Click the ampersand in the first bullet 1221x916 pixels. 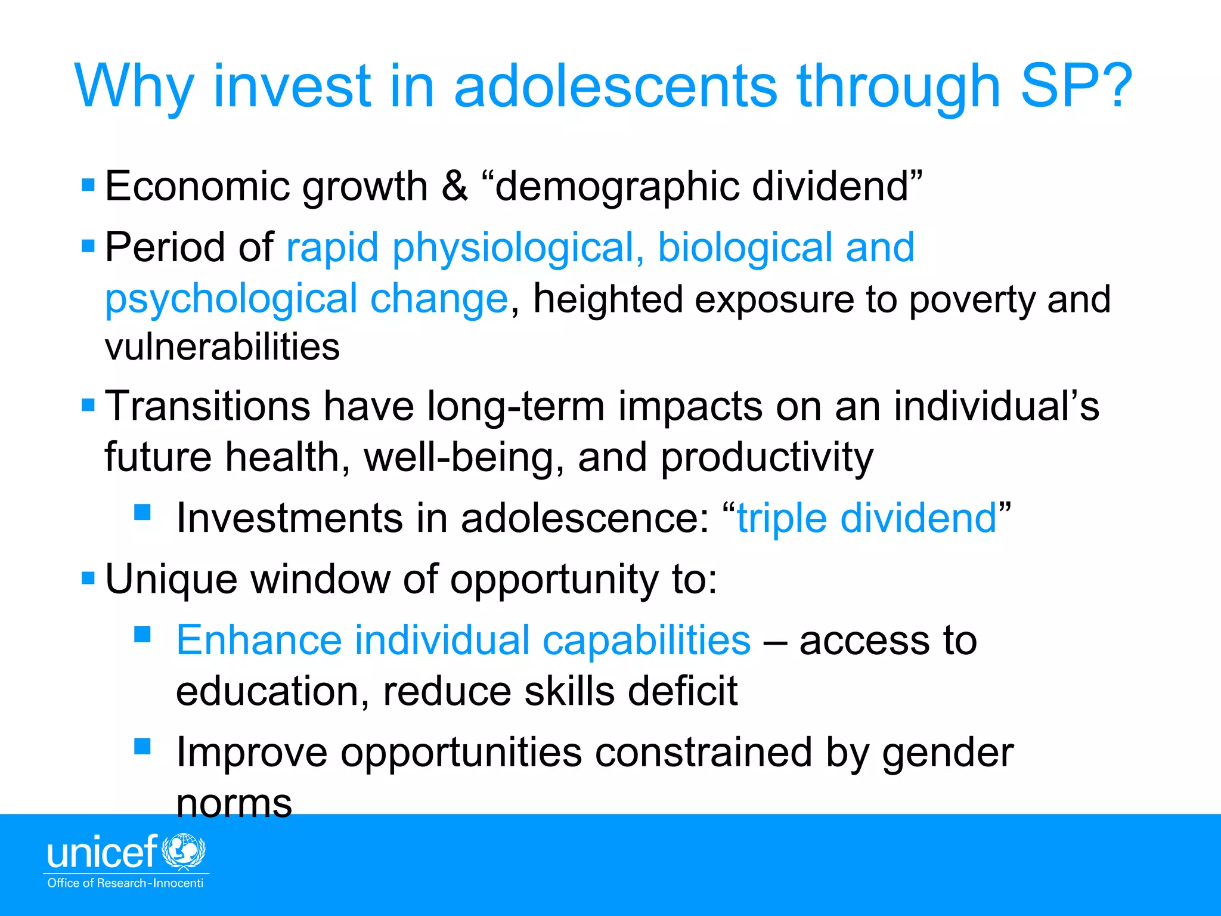[454, 186]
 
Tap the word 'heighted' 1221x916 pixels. [608, 299]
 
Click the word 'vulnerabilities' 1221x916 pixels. [222, 347]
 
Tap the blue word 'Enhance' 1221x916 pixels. [259, 640]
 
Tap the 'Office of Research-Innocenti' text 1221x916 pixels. [125, 883]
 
